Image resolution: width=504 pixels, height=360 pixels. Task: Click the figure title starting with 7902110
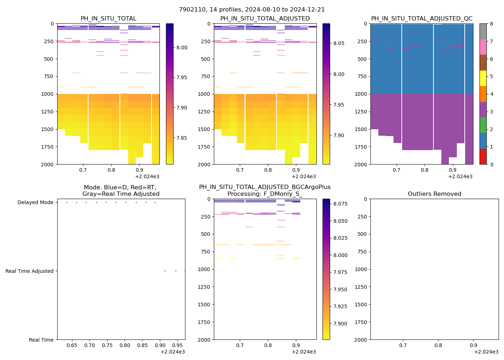252,10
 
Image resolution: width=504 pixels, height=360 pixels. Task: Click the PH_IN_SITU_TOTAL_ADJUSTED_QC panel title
422,19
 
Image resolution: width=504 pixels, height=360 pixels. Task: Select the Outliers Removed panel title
434,194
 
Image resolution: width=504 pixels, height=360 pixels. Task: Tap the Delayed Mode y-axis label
35,203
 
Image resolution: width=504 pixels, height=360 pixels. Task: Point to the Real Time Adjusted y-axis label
30,271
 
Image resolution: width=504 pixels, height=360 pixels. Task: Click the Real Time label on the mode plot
41,340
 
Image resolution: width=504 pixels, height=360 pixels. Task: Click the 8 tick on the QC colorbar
491,24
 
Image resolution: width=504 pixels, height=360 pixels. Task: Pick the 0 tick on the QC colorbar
491,164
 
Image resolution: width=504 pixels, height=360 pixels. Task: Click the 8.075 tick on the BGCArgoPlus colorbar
340,204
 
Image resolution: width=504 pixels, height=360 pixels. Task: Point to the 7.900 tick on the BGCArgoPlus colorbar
340,324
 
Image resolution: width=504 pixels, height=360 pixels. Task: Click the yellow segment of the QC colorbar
483,78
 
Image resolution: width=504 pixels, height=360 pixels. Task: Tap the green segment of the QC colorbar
483,125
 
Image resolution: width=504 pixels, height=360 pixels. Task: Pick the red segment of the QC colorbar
483,157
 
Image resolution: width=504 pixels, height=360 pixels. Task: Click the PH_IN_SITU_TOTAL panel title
108,19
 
